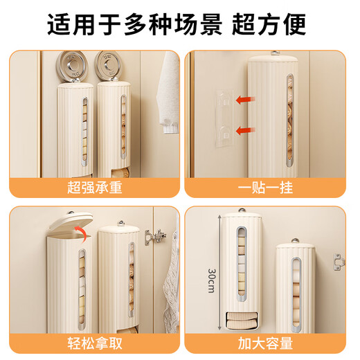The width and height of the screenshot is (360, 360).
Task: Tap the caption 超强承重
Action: coord(94,188)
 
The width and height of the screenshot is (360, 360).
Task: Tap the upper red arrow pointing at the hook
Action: coord(243,100)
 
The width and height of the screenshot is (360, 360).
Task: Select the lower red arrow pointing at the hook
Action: coord(243,129)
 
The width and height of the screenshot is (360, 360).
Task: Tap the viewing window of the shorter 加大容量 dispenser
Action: coord(294,287)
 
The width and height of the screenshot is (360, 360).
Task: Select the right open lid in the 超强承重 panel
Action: coord(109,64)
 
